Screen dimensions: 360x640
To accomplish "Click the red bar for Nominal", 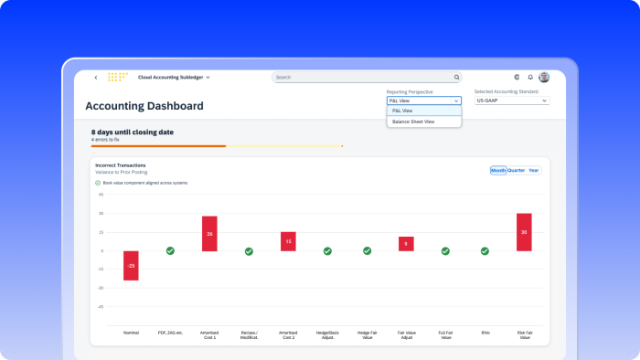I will [131, 265].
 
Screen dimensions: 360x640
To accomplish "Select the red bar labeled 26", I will [209, 234].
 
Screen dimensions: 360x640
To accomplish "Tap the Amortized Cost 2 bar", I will [288, 241].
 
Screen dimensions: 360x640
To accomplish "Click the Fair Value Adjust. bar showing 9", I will [406, 244].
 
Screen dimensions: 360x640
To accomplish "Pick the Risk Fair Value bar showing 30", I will [524, 232].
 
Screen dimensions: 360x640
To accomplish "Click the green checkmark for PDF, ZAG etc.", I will [170, 250].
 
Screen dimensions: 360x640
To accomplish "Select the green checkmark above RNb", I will [485, 250].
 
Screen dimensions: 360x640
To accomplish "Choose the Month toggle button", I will [498, 170].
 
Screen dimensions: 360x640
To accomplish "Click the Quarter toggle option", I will [516, 170].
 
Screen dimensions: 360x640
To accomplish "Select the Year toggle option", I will [534, 170].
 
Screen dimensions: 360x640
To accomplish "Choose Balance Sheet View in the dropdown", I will [413, 122].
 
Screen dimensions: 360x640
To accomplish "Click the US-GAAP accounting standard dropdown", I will [512, 101].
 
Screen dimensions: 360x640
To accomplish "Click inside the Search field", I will [366, 78].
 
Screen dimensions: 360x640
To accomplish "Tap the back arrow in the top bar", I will [96, 78].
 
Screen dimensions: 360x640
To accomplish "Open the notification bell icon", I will [530, 78].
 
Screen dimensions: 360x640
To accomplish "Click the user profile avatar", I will [544, 78].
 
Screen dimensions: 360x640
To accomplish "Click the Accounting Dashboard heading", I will [144, 106].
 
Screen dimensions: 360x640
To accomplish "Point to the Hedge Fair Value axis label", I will [367, 334].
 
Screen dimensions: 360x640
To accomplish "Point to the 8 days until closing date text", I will [132, 132].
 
